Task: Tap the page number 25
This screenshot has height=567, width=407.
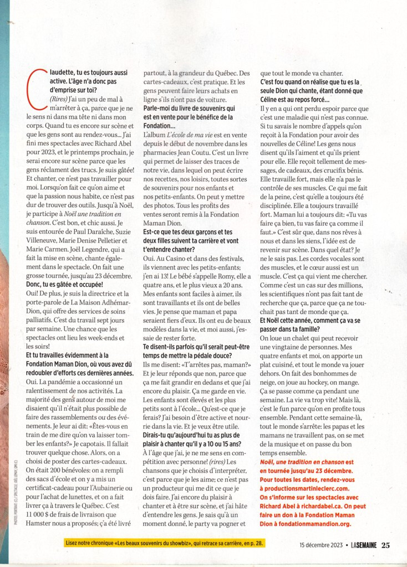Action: pyautogui.click(x=385, y=545)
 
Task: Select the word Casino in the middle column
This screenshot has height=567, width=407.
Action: pyautogui.click(x=175, y=259)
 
